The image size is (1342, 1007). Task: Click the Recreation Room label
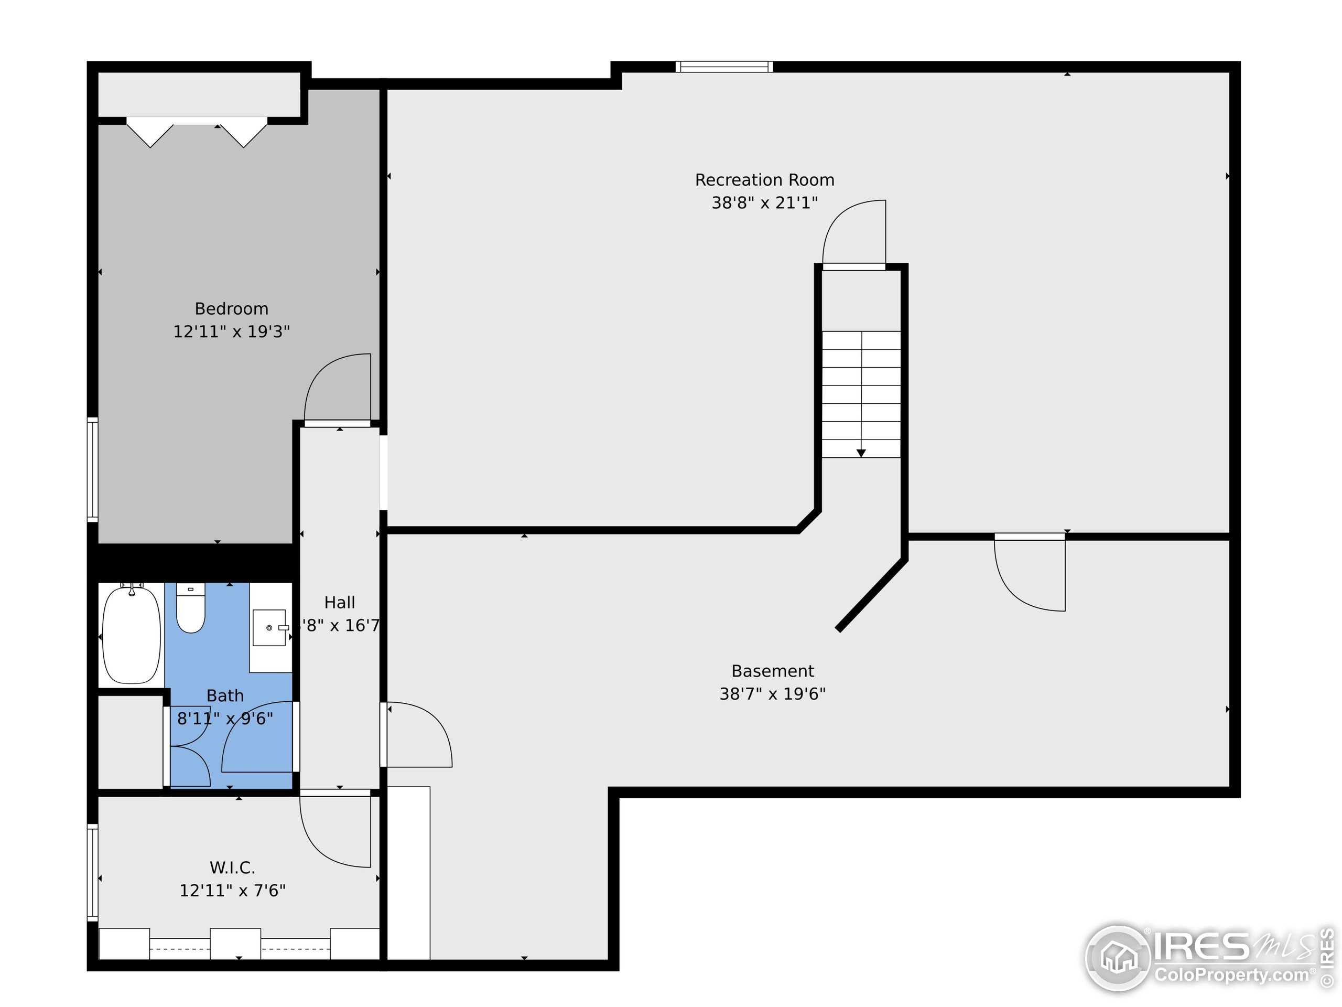[764, 180]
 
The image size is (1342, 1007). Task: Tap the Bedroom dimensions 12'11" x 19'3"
[231, 331]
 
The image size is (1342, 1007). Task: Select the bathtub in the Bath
[131, 634]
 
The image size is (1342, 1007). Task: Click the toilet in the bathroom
[190, 609]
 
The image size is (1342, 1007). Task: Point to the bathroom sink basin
[269, 628]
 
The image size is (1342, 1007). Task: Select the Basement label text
[772, 671]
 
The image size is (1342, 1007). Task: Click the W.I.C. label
[232, 867]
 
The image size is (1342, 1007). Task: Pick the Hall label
[339, 602]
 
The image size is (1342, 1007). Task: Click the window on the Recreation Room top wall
[724, 67]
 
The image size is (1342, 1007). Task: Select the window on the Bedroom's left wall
[92, 469]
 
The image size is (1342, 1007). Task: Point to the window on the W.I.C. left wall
[92, 872]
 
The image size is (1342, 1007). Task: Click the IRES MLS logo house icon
[1118, 958]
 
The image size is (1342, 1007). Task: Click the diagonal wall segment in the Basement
[872, 595]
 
